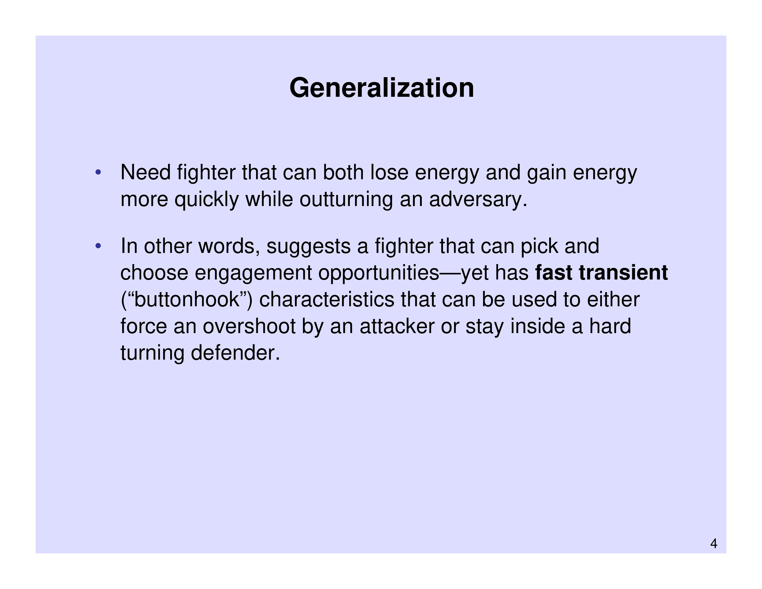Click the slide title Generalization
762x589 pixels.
(382, 88)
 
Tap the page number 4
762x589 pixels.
(714, 544)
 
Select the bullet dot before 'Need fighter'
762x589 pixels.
(98, 172)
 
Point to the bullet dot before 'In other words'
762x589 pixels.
(98, 246)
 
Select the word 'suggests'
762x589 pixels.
(308, 247)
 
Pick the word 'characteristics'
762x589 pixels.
(326, 299)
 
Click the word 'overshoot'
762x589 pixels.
(249, 326)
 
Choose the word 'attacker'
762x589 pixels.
(397, 326)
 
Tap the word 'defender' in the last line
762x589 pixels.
(235, 353)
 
